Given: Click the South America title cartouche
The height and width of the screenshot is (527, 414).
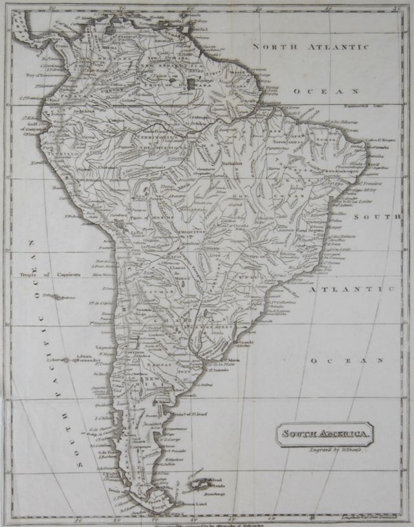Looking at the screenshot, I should pos(325,434).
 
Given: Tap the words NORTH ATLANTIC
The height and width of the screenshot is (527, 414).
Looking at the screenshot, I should pos(310,47).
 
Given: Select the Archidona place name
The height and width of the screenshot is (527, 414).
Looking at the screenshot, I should pos(84,110).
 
